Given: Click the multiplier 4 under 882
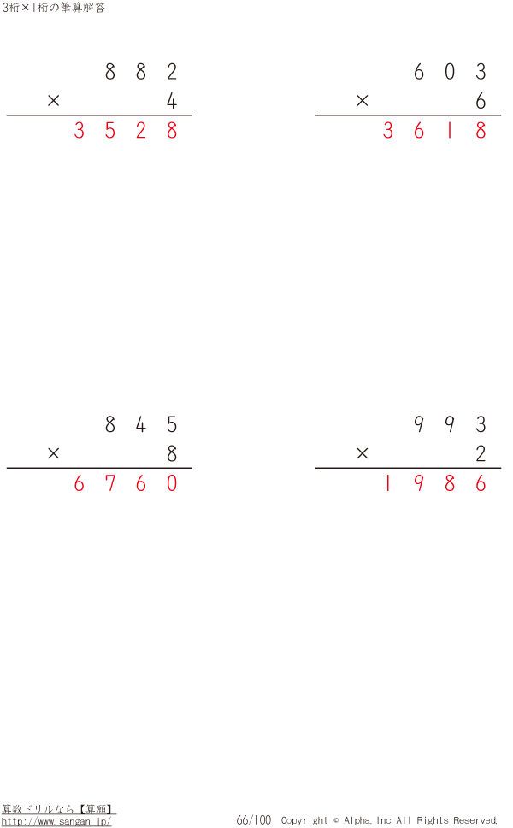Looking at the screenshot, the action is [x=172, y=101].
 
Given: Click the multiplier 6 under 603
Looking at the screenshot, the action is [x=481, y=101].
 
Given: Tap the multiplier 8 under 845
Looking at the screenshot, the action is [x=172, y=453].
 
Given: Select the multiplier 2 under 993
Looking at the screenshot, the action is [x=481, y=453].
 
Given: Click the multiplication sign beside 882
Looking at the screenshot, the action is [x=53, y=100].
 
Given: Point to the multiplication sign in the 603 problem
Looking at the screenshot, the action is [x=362, y=100].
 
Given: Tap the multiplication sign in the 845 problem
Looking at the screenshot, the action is [x=53, y=453].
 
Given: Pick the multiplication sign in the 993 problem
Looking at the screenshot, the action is [x=362, y=453].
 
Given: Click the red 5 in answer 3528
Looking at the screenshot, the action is [x=109, y=130].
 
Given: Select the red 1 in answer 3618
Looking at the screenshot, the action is [x=450, y=130].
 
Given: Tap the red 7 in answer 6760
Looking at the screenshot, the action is [x=109, y=483].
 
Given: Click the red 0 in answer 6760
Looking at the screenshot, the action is [x=172, y=483].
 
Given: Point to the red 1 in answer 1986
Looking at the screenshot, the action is [x=388, y=483].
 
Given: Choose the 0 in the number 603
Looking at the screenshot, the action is [x=450, y=71].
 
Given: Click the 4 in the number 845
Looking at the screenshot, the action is [x=140, y=424].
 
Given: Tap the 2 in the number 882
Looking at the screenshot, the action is [x=172, y=71].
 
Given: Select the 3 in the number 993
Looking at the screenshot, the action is [x=481, y=424].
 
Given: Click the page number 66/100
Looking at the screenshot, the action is [x=254, y=820].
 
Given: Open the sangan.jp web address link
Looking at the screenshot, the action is [x=56, y=822].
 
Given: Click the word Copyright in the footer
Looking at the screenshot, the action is [x=304, y=820].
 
